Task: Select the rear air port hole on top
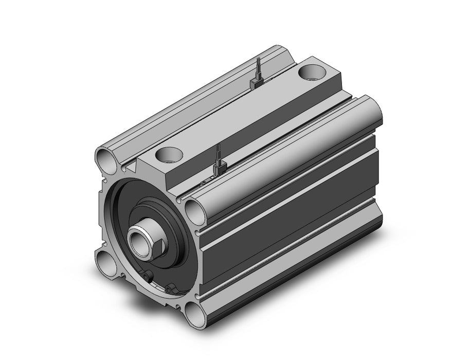coord(312,71)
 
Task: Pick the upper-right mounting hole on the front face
coord(193,210)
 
